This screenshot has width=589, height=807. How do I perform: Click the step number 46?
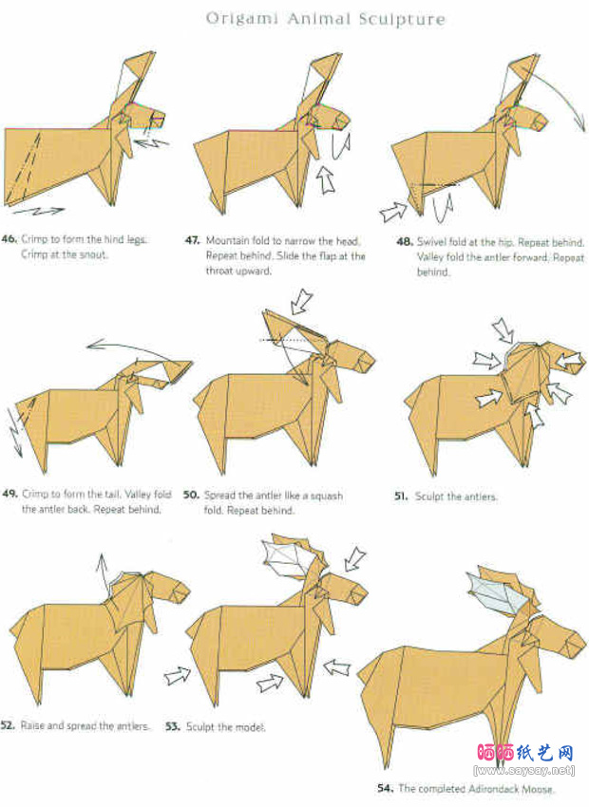[9, 239]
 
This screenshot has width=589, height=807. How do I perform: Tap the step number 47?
[193, 240]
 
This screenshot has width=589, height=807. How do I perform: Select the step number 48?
[405, 241]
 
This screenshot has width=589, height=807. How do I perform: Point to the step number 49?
[9, 494]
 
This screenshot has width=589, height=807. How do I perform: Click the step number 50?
[191, 495]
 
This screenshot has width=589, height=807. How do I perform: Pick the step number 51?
[402, 497]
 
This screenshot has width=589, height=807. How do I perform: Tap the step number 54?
[385, 788]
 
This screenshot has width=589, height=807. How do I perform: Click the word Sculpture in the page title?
[402, 20]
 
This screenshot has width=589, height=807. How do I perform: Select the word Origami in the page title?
[242, 20]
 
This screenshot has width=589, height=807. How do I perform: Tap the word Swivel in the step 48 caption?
[431, 241]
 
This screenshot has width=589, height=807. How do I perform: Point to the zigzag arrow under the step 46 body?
[39, 210]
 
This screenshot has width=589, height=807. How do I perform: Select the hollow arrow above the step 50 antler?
[301, 302]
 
